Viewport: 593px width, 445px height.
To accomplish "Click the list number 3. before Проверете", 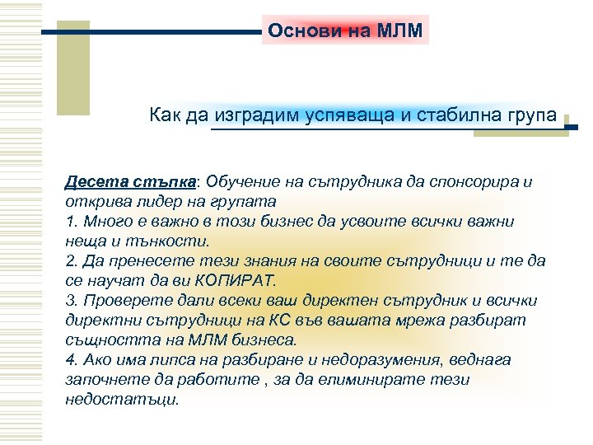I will [70, 300].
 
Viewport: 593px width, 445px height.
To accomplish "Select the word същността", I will [110, 340].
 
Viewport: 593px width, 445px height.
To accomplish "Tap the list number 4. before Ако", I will [70, 360].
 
